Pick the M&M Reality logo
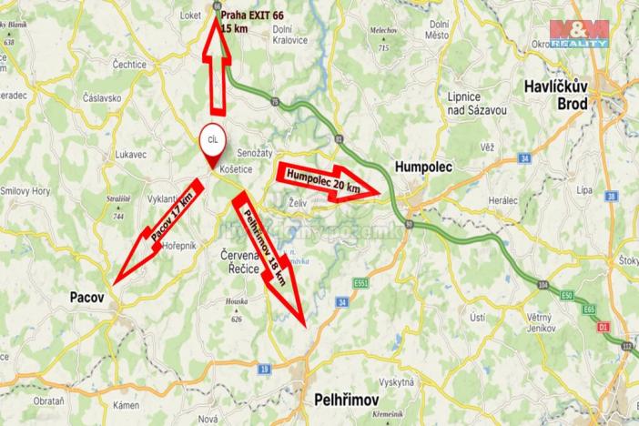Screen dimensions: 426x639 [x=579, y=32]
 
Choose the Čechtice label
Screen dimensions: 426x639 [x=130, y=65]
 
